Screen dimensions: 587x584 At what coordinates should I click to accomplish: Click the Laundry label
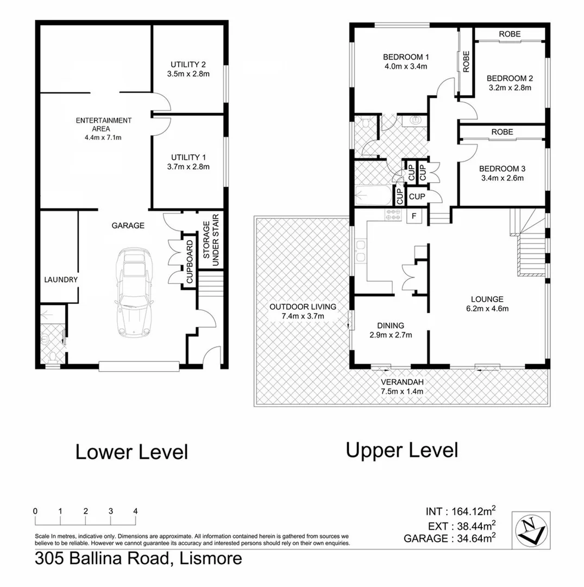click(x=61, y=279)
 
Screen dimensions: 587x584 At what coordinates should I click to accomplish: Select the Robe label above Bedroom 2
click(x=510, y=34)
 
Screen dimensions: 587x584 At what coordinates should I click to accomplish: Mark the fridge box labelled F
click(x=414, y=216)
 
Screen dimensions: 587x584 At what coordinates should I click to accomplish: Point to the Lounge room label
click(x=487, y=298)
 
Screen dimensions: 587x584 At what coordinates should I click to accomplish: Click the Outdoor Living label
click(x=303, y=306)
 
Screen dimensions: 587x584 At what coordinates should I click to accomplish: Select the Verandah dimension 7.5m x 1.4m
click(x=401, y=391)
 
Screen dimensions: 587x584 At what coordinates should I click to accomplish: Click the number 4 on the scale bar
click(x=135, y=511)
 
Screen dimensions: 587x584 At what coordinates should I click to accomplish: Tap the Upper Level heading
click(x=402, y=450)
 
